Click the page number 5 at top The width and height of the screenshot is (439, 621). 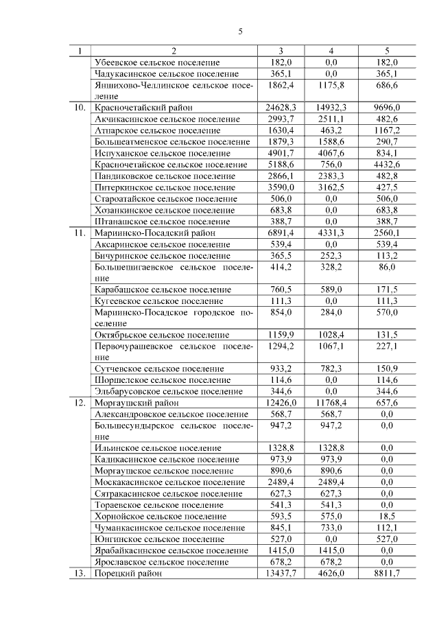pos(241,32)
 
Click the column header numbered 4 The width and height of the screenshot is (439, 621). pos(331,51)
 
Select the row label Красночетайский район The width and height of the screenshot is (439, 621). pos(143,108)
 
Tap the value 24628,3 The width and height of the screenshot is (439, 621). pos(281,108)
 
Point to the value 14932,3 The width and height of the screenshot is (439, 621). pos(331,108)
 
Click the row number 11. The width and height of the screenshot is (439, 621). pos(80,233)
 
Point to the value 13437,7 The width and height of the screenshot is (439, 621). pos(281,574)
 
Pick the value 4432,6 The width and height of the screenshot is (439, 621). pos(388,165)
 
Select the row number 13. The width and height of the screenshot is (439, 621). pos(80,574)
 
